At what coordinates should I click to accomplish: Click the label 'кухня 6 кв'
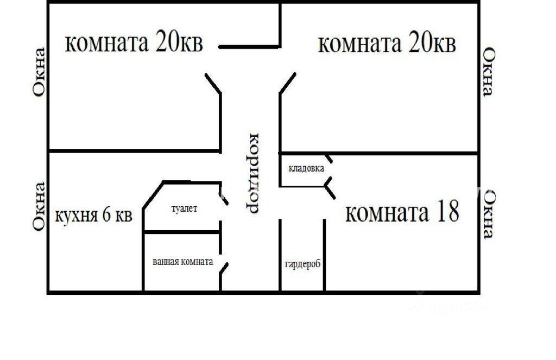pos(93,215)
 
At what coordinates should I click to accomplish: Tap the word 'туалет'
pos(184,209)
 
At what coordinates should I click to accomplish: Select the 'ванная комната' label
pos(182,262)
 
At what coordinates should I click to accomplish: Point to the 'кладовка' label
pos(306,168)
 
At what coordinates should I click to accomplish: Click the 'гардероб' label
pos(302,264)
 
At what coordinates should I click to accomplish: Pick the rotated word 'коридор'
pos(253,173)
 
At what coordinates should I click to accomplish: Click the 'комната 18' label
pos(402,211)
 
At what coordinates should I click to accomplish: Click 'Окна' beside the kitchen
pos(39,207)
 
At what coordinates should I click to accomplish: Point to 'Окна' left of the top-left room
pos(39,72)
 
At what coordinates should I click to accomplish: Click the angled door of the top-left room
pos(213,84)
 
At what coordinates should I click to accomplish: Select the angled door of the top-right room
pos(288,83)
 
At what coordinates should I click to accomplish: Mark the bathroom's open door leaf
pos(224,268)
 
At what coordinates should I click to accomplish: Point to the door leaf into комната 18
pos(330,192)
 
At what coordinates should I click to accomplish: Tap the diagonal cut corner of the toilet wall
pos(153,195)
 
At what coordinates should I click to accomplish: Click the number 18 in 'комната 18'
pos(448,211)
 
